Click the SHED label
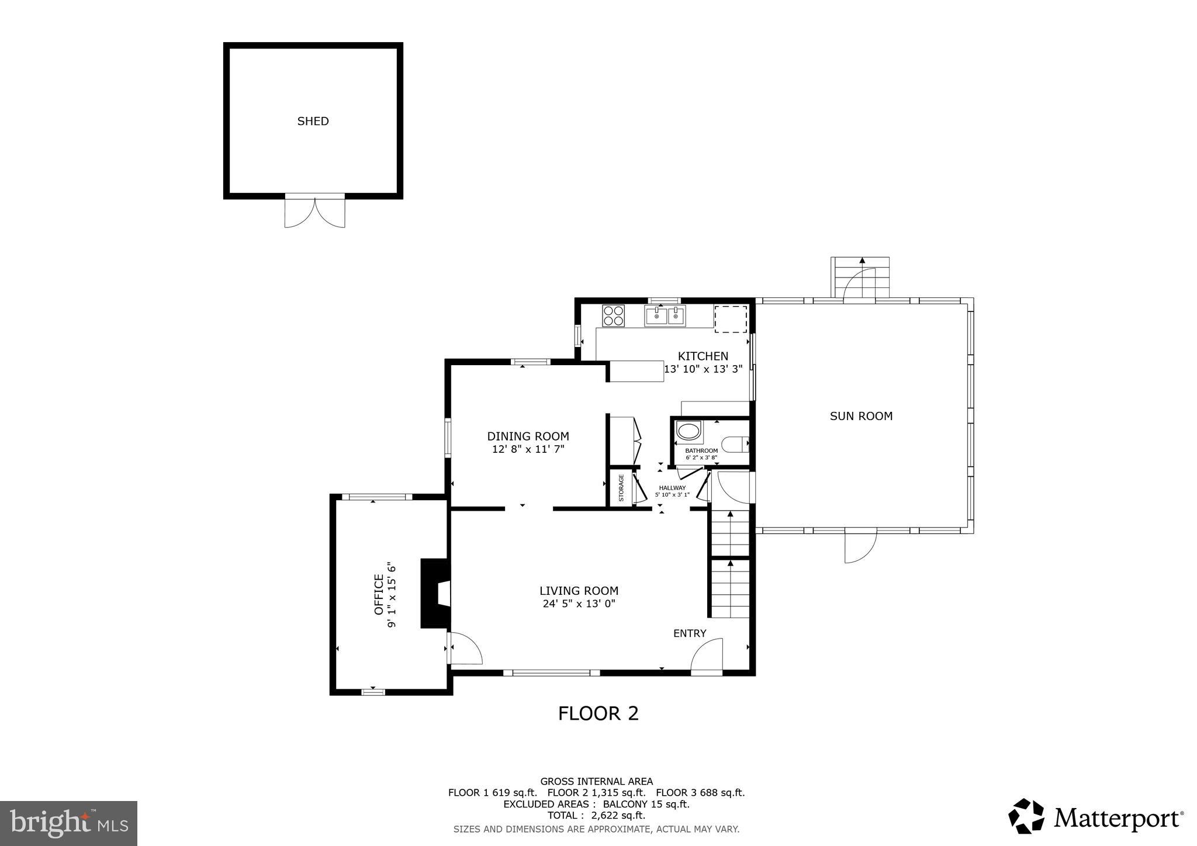pos(313,122)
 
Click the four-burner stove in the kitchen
pos(613,315)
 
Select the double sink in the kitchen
pos(665,316)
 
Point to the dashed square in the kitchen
pos(731,319)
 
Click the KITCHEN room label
pos(703,356)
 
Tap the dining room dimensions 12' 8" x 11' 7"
pos(528,449)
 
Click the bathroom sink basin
pos(688,432)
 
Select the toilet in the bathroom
pos(735,445)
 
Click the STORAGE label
pos(621,488)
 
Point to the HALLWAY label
pos(672,488)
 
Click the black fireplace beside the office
pos(434,594)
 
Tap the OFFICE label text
pos(378,595)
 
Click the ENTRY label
pos(690,633)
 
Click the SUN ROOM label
pos(861,416)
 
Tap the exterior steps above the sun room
pos(860,278)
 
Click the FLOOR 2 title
pos(598,713)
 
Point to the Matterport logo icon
pos(1026,816)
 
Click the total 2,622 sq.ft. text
pos(596,816)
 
